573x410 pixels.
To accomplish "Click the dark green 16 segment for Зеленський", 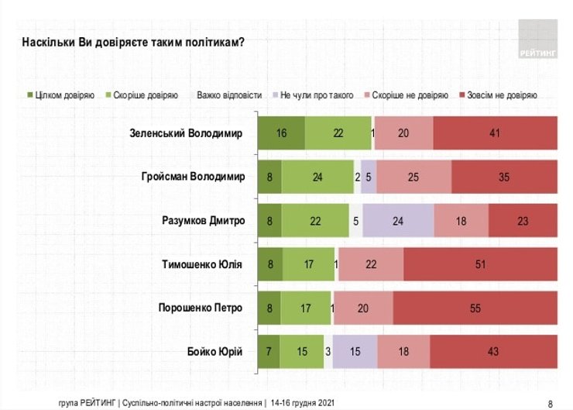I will point(280,133).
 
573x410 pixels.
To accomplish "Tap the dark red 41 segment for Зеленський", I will point(495,133).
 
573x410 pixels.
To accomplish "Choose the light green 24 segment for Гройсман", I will point(317,177).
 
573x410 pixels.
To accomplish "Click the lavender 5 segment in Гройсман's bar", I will point(369,177).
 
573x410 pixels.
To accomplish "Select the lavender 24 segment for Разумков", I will point(398,221).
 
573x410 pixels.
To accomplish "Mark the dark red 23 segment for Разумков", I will point(523,221).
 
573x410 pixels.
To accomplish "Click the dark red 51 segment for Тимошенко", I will point(480,265).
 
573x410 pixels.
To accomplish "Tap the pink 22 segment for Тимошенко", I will point(370,265).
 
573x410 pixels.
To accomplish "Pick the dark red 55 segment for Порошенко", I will point(475,308).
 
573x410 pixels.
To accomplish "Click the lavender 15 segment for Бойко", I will point(355,353).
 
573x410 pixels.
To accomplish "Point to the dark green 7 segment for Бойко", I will point(268,353).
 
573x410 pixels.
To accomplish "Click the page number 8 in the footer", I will point(550,403).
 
